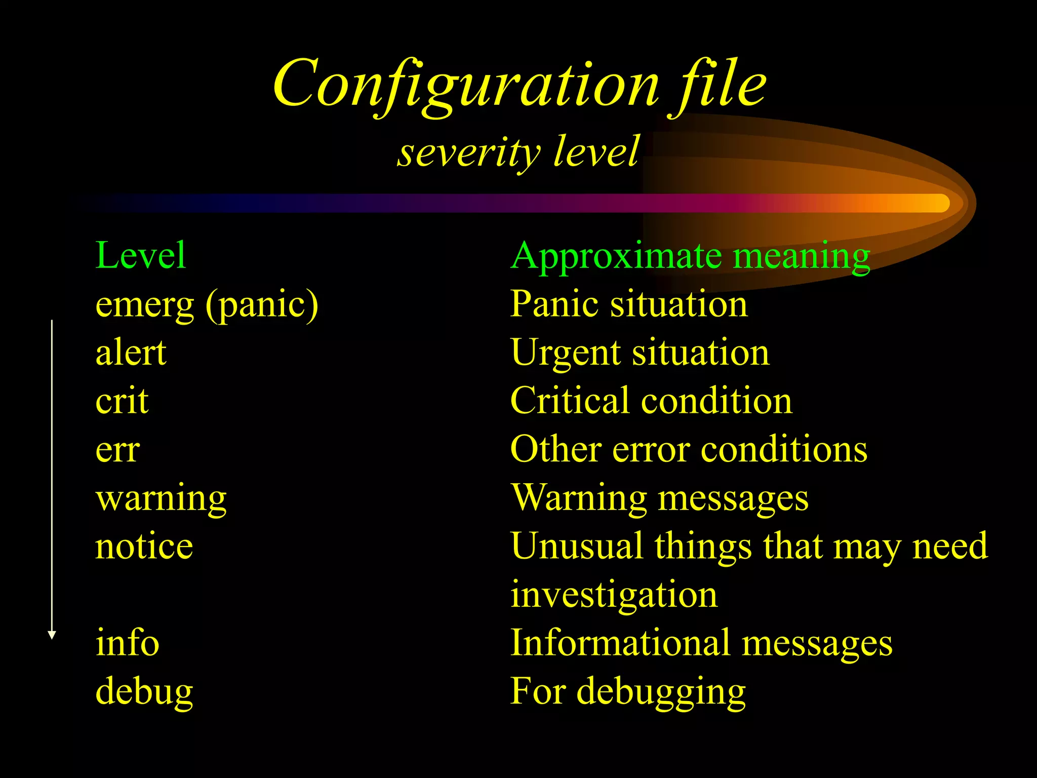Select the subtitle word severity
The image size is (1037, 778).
pyautogui.click(x=469, y=151)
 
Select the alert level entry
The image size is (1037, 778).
pyautogui.click(x=131, y=353)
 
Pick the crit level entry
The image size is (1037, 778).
pyautogui.click(x=122, y=401)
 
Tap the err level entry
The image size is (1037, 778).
pyautogui.click(x=117, y=449)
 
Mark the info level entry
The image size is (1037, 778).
pyautogui.click(x=127, y=643)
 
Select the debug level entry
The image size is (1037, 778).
pyautogui.click(x=144, y=691)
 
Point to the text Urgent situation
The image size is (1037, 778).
pyautogui.click(x=640, y=353)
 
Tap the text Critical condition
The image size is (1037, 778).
pyautogui.click(x=651, y=401)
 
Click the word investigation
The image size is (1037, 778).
pyautogui.click(x=614, y=595)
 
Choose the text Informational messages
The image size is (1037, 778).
pyautogui.click(x=701, y=643)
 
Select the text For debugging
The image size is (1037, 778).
pyautogui.click(x=628, y=691)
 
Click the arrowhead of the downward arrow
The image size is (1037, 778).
pyautogui.click(x=52, y=635)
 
